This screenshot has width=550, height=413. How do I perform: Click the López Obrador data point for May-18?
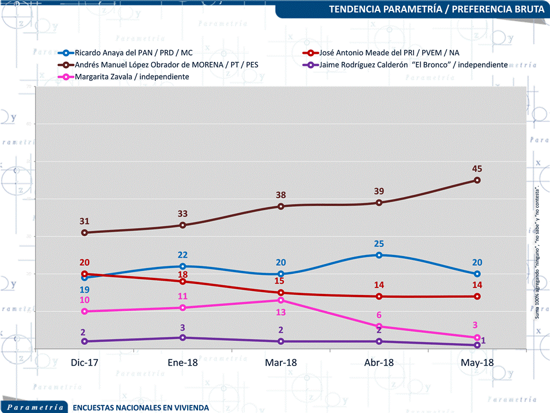(x=477, y=180)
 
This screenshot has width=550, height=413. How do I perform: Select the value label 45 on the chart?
(x=476, y=169)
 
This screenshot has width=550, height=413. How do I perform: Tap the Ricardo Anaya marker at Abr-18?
(x=379, y=255)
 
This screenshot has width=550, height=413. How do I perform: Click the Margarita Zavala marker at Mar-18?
(x=280, y=300)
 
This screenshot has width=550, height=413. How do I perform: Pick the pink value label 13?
(x=280, y=312)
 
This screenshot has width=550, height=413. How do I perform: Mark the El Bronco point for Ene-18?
(x=183, y=337)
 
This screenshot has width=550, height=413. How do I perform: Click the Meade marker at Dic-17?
(x=85, y=274)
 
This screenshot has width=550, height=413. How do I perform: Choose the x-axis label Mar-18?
(x=280, y=363)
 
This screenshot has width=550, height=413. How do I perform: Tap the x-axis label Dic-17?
(x=85, y=363)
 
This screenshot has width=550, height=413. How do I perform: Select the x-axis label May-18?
(x=477, y=363)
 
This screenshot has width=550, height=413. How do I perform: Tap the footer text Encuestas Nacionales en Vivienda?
(x=141, y=408)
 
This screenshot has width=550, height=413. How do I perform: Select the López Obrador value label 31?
(x=85, y=221)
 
